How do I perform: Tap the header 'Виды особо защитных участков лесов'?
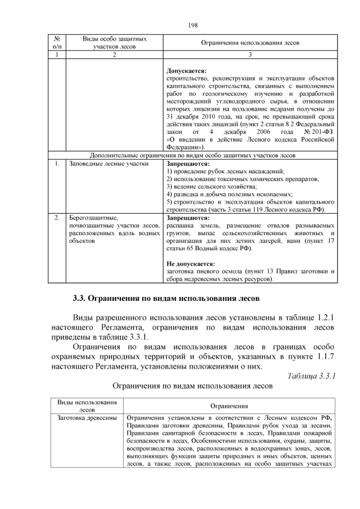pos(115,43)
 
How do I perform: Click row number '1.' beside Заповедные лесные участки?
pos(57,164)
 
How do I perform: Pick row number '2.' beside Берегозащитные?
pos(57,217)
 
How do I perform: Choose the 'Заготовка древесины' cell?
pos(87,417)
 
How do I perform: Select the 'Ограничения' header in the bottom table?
pos(229,406)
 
